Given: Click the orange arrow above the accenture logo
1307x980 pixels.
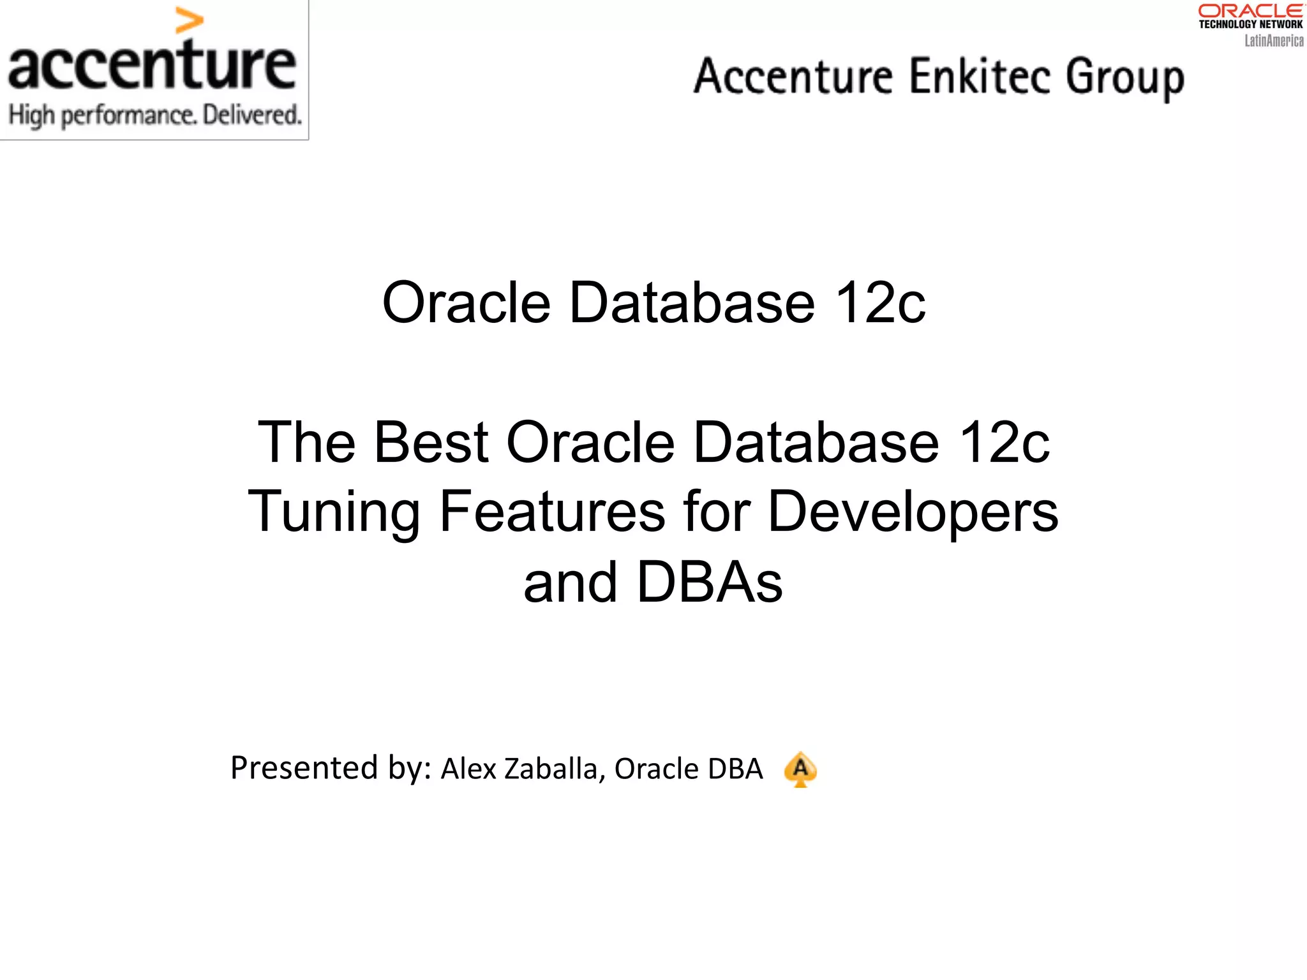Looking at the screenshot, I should pyautogui.click(x=189, y=21).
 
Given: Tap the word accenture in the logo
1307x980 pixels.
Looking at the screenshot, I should pyautogui.click(x=152, y=65).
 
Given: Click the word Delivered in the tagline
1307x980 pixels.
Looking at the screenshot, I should pyautogui.click(x=251, y=115).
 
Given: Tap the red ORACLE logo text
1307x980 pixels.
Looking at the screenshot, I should pyautogui.click(x=1250, y=11).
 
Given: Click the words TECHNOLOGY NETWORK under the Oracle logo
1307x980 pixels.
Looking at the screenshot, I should pyautogui.click(x=1250, y=24).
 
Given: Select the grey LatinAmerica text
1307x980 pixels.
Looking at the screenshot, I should pyautogui.click(x=1273, y=41).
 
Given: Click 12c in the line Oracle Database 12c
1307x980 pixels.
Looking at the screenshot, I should pyautogui.click(x=880, y=302).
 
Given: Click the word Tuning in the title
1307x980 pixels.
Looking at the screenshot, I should pyautogui.click(x=334, y=512).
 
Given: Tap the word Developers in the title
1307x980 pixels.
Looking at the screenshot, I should pyautogui.click(x=913, y=512).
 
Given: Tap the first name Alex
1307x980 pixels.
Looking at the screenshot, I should pyautogui.click(x=468, y=769).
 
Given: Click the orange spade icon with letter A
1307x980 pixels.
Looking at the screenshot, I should pyautogui.click(x=800, y=769).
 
